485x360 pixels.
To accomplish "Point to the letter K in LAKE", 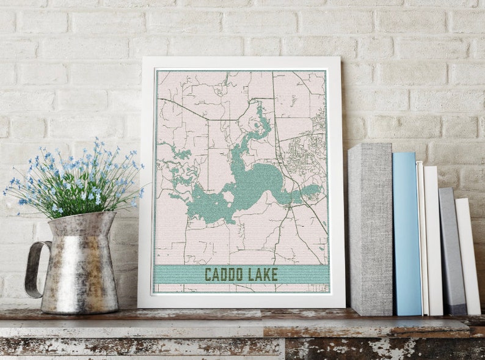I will (265, 274).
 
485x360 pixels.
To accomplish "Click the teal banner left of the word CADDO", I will (177, 274).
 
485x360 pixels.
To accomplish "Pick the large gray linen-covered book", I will (370, 229).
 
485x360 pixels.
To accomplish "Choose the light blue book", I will (406, 232).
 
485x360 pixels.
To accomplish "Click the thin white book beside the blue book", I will (420, 238).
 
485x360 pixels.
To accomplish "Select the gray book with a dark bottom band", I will (451, 251).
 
